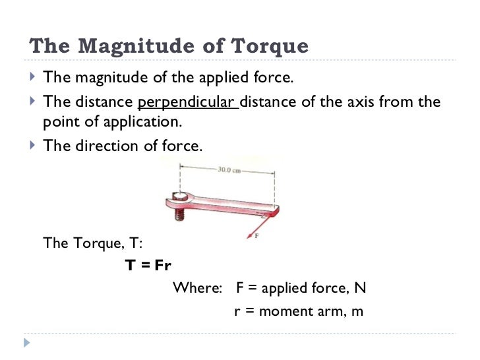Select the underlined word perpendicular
click(x=187, y=102)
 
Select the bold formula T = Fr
click(x=148, y=266)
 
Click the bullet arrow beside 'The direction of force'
click(x=34, y=146)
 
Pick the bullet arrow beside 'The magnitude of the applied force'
click(x=34, y=78)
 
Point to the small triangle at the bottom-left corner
click(x=27, y=343)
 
